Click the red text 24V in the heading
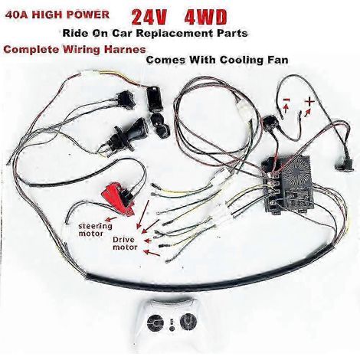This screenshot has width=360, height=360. [x=149, y=18]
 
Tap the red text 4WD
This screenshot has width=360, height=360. [x=205, y=18]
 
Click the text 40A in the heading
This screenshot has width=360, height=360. [x=18, y=15]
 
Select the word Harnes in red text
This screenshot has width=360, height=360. [x=125, y=49]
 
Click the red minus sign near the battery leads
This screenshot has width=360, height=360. [x=286, y=100]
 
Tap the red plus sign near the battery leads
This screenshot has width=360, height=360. [x=309, y=102]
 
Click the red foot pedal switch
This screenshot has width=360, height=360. [x=117, y=198]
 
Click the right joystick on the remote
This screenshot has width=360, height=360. [x=188, y=320]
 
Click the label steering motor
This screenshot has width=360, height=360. [x=95, y=230]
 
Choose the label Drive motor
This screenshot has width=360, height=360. [x=125, y=244]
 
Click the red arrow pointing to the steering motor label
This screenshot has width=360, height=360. [x=111, y=219]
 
